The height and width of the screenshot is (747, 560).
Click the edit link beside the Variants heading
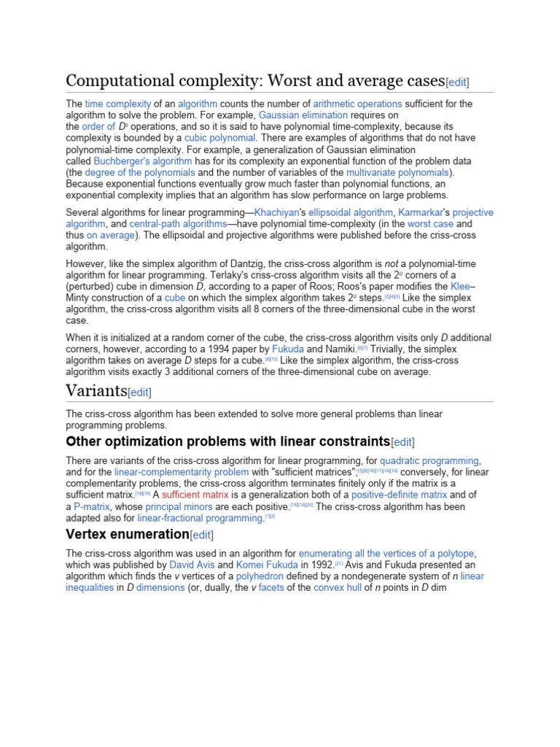(x=139, y=392)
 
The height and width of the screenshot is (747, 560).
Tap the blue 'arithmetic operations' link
(x=359, y=104)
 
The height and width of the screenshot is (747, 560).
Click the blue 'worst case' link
(x=429, y=224)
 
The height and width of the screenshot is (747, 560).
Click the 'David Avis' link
(x=193, y=565)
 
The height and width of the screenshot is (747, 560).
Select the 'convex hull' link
(x=338, y=587)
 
